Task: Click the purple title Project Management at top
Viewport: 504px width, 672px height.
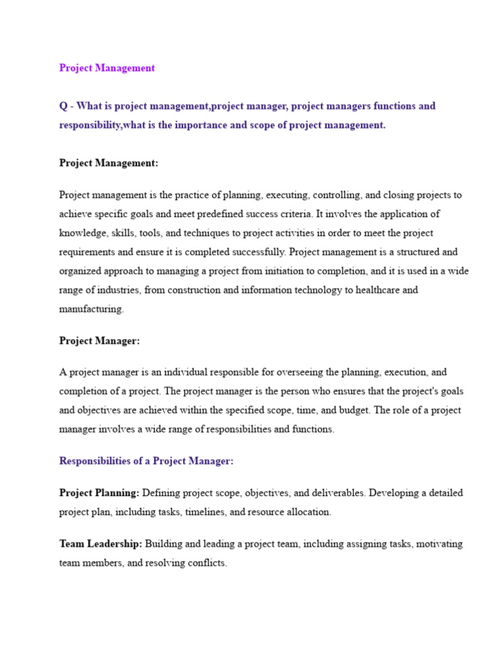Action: [x=107, y=68]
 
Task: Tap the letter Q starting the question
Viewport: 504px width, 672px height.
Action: [x=63, y=106]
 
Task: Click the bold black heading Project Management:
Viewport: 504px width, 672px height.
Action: [x=108, y=163]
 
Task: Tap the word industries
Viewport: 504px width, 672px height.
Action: [x=114, y=290]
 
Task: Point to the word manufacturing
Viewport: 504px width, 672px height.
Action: [x=91, y=309]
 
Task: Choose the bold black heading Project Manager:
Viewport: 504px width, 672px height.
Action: [x=99, y=341]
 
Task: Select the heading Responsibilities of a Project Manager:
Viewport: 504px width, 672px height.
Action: [x=146, y=461]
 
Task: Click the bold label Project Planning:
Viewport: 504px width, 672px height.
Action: [x=99, y=493]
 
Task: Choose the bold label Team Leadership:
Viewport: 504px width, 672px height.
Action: [x=100, y=544]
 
